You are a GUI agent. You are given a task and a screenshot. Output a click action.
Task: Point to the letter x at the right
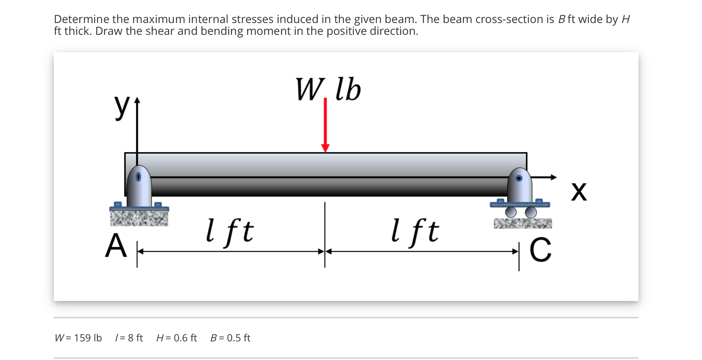(x=579, y=191)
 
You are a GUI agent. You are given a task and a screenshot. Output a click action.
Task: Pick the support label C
(x=540, y=250)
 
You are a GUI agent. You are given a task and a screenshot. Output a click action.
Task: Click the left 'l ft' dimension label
(x=230, y=231)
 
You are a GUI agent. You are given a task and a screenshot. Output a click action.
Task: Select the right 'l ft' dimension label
(x=415, y=231)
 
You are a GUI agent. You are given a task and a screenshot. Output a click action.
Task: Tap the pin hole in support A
(x=138, y=177)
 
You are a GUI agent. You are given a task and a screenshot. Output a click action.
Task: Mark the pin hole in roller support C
(x=519, y=178)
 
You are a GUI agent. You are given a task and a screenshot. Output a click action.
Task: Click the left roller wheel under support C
(x=511, y=212)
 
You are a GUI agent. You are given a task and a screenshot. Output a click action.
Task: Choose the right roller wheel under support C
(x=531, y=212)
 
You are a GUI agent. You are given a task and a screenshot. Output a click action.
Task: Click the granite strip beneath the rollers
(x=523, y=223)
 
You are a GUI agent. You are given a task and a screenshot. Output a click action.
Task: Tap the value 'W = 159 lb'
(x=78, y=338)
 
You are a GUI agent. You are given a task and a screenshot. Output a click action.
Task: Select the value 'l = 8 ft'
(x=129, y=338)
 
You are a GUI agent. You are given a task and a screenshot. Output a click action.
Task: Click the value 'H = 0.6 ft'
(x=177, y=338)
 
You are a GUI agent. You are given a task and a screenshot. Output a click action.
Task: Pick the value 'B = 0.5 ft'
(x=230, y=338)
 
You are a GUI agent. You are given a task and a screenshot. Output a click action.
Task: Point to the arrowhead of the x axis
(x=553, y=177)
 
